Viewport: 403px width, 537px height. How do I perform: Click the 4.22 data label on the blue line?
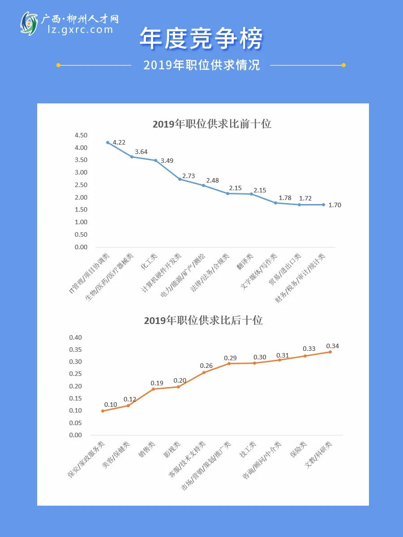click(x=119, y=142)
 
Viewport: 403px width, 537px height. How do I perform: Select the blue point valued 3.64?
click(x=132, y=157)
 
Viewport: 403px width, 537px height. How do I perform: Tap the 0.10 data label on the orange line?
click(x=111, y=405)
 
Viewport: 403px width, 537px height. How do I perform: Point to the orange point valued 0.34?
click(x=330, y=352)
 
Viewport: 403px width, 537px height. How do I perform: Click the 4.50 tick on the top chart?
click(x=81, y=135)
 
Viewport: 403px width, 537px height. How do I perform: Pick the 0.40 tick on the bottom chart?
click(x=75, y=337)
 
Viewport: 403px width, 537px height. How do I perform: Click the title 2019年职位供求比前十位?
click(x=212, y=124)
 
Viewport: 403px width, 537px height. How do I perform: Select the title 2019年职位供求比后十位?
click(x=203, y=320)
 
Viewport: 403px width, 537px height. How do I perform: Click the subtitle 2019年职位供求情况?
click(x=201, y=65)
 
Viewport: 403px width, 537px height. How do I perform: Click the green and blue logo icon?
click(x=29, y=24)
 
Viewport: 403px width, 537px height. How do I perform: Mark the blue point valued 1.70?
click(x=323, y=205)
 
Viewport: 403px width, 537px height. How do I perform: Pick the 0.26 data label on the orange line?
click(x=206, y=366)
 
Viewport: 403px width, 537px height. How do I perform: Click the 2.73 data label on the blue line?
click(x=189, y=176)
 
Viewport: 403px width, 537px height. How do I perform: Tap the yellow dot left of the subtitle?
click(x=59, y=65)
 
